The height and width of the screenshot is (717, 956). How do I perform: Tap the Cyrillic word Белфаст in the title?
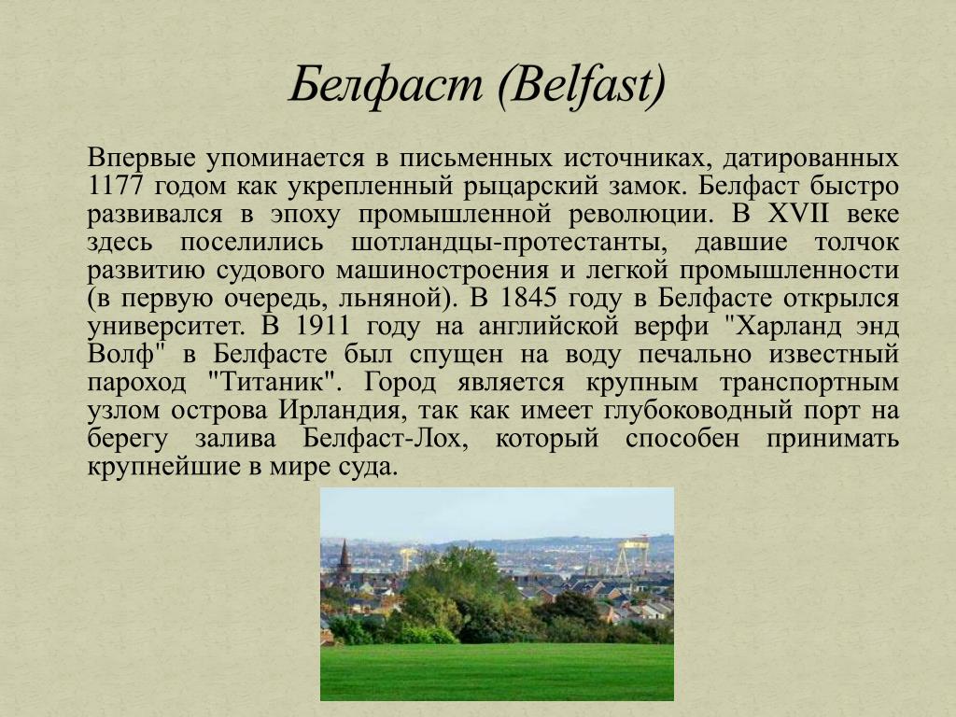point(386,84)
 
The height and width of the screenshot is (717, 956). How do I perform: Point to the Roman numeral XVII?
point(798,214)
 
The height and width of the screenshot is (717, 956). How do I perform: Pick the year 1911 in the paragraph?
point(322,326)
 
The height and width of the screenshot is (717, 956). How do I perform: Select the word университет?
point(166,327)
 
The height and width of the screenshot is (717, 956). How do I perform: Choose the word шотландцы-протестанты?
point(509,243)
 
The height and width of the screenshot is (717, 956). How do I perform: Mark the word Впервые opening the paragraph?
point(142,158)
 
